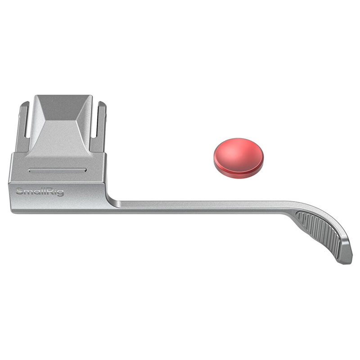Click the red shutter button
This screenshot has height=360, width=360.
point(238,158)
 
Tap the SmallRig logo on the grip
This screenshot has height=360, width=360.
point(40,192)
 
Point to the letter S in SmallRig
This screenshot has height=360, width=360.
point(19,191)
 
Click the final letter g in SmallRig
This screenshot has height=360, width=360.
point(60,193)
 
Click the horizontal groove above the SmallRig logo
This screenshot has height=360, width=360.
point(58,170)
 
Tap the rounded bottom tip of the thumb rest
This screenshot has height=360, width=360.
point(344,262)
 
